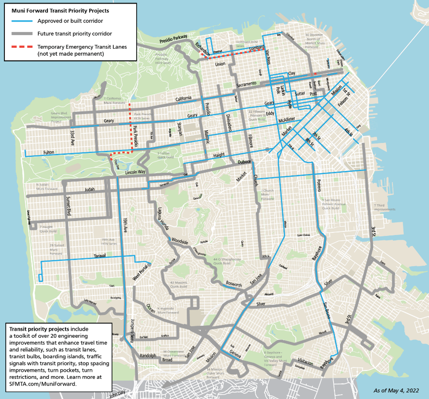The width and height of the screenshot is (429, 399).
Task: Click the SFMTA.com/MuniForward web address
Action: pyautogui.click(x=43, y=384)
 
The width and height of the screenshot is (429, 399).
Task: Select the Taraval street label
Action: pyautogui.click(x=101, y=256)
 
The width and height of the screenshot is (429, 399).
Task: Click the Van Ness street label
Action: pyautogui.click(x=266, y=57)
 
